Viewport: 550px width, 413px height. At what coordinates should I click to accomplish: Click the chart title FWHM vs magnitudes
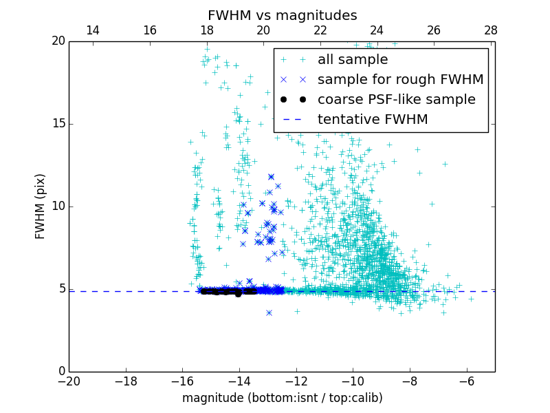[282, 15]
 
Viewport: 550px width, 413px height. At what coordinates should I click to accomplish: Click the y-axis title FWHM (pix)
[41, 206]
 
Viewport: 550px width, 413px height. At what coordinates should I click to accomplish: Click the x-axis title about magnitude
[282, 398]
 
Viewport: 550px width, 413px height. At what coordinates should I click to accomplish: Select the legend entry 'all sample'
[352, 60]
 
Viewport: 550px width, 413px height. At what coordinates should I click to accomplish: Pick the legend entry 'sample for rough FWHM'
[400, 80]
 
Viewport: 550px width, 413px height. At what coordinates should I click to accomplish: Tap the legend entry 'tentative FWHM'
[372, 120]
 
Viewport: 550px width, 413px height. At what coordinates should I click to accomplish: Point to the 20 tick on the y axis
[58, 41]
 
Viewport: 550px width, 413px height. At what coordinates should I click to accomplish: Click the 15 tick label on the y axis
[58, 124]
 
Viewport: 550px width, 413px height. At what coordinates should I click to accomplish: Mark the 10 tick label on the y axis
[58, 206]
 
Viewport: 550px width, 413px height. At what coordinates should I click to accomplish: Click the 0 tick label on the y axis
[60, 372]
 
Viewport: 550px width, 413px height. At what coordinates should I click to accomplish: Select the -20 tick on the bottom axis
[69, 381]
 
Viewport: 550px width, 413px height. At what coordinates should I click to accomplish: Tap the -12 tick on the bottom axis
[296, 381]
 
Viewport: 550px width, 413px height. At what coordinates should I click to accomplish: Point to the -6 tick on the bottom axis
[467, 381]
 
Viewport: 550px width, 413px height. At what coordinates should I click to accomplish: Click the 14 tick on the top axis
[92, 31]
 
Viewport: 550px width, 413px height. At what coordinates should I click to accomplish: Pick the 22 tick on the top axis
[320, 31]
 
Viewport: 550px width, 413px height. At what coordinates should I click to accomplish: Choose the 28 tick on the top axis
[491, 31]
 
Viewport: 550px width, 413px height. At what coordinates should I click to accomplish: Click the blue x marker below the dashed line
[269, 313]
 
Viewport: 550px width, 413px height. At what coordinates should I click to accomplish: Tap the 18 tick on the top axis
[207, 31]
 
